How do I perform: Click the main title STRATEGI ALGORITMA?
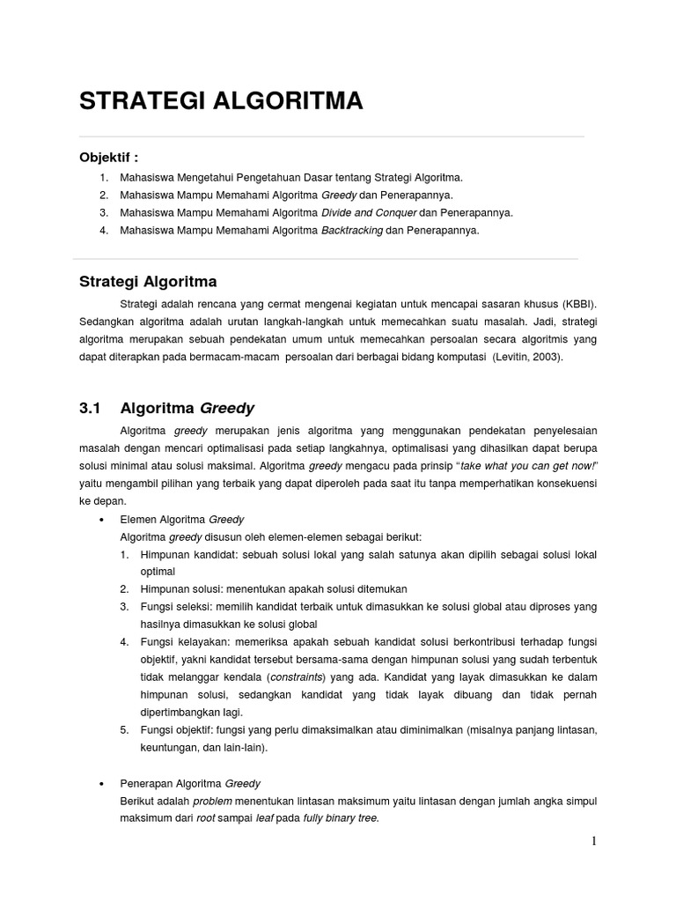point(221,101)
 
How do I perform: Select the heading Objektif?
point(109,158)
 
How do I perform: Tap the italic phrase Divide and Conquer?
point(369,212)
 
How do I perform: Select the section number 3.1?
point(91,408)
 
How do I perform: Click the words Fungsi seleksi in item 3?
point(173,607)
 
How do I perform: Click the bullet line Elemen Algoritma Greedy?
point(182,519)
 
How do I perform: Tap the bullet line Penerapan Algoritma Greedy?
point(190,782)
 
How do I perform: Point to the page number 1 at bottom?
point(594,840)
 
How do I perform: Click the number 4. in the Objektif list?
point(104,231)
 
